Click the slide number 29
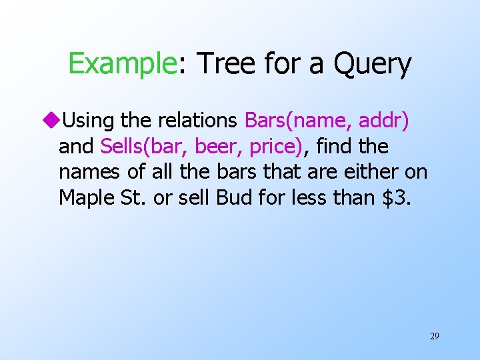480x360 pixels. coord(435,336)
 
